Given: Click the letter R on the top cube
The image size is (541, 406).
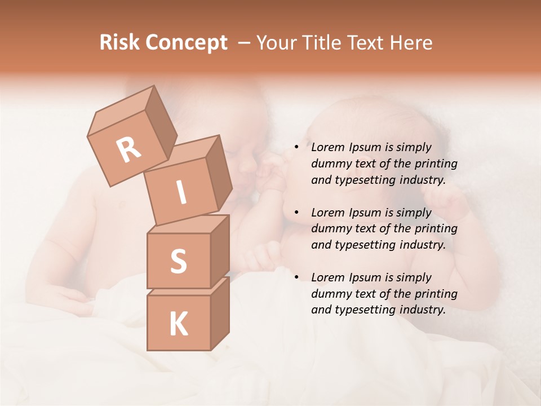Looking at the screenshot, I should click(x=128, y=149).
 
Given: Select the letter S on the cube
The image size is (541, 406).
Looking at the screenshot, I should click(x=178, y=262).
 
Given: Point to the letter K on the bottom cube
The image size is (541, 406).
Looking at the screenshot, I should click(x=178, y=324).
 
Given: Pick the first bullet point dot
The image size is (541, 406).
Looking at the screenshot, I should click(x=296, y=148).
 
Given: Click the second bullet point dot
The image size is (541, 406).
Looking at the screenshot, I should click(x=296, y=213).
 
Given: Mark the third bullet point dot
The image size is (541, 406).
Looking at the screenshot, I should click(x=296, y=278).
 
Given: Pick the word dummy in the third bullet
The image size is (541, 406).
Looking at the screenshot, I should click(x=330, y=294).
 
